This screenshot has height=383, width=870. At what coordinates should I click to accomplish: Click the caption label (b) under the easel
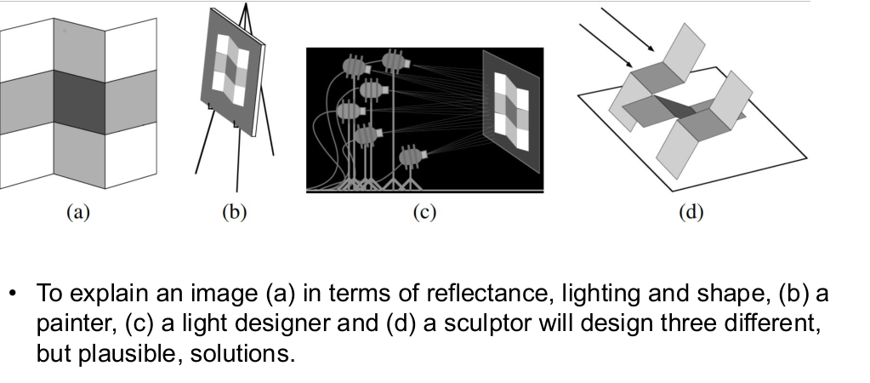click(233, 212)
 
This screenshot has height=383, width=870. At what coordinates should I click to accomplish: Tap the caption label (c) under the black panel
click(424, 212)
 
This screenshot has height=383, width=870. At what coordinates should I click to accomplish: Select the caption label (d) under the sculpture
click(691, 212)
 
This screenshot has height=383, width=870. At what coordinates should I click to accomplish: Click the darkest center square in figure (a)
click(78, 98)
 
